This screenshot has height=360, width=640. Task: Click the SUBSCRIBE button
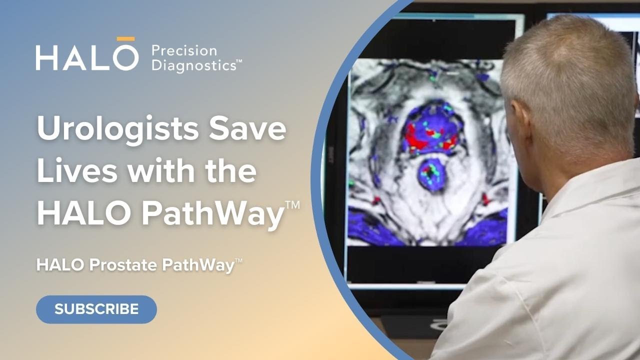coord(96,309)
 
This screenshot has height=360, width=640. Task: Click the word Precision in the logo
coord(183,50)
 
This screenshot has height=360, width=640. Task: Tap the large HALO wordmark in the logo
coord(86,56)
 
